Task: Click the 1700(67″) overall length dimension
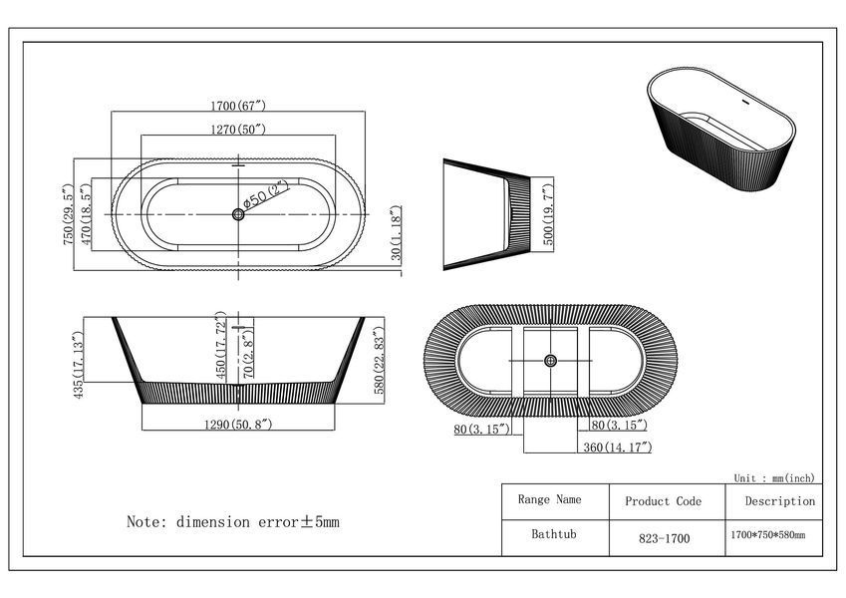[x=238, y=106]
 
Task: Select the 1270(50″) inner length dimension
[x=238, y=129]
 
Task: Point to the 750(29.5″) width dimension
[x=68, y=214]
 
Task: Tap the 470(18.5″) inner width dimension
[x=86, y=214]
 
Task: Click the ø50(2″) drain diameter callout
[x=265, y=195]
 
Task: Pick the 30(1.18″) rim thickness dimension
[x=396, y=233]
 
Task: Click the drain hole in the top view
[x=238, y=214]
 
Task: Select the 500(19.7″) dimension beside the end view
[x=547, y=214]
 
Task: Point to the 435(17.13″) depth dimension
[x=78, y=365]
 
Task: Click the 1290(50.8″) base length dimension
[x=238, y=425]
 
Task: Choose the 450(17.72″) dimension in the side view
[x=221, y=346]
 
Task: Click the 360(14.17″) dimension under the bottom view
[x=618, y=448]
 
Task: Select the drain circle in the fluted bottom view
[x=550, y=361]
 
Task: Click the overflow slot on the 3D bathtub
[x=745, y=102]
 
